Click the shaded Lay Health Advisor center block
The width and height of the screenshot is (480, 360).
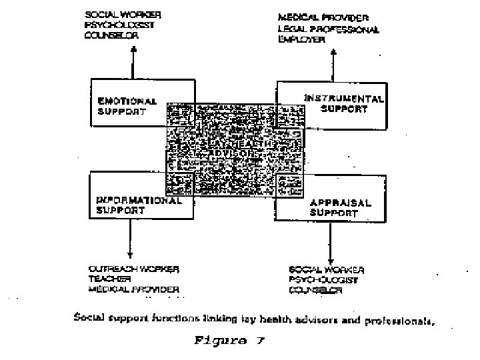tap(235, 150)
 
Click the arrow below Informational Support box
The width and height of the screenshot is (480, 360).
tap(131, 239)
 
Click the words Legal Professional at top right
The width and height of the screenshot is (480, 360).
tap(329, 29)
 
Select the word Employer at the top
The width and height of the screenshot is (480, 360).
tap(301, 40)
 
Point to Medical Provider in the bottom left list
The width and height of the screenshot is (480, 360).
tap(134, 290)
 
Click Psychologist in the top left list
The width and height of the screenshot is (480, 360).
tap(117, 25)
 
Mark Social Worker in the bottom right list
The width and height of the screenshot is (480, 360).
tap(327, 269)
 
